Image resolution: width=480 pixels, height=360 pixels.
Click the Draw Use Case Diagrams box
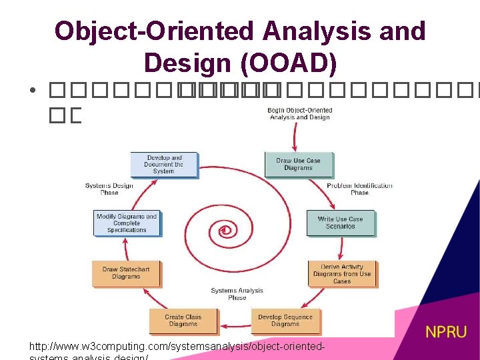(298, 164)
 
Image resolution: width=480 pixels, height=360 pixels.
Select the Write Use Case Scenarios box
(340, 223)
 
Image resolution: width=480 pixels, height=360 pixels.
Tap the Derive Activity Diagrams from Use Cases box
(341, 273)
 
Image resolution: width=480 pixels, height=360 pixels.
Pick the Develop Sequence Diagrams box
(285, 321)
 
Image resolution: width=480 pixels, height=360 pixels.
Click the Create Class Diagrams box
(183, 321)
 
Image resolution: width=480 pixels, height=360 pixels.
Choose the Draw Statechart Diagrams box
(126, 273)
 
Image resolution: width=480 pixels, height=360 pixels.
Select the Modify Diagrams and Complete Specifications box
(127, 223)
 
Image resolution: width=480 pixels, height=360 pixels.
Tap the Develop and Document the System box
(164, 165)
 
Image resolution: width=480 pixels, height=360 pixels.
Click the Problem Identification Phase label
(359, 189)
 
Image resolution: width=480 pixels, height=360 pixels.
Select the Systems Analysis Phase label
(237, 294)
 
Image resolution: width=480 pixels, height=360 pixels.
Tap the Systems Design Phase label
(109, 189)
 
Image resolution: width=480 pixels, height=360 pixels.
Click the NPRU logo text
(446, 331)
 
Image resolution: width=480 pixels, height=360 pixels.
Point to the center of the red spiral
(226, 231)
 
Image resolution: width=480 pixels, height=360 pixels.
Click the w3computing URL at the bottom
(178, 347)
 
